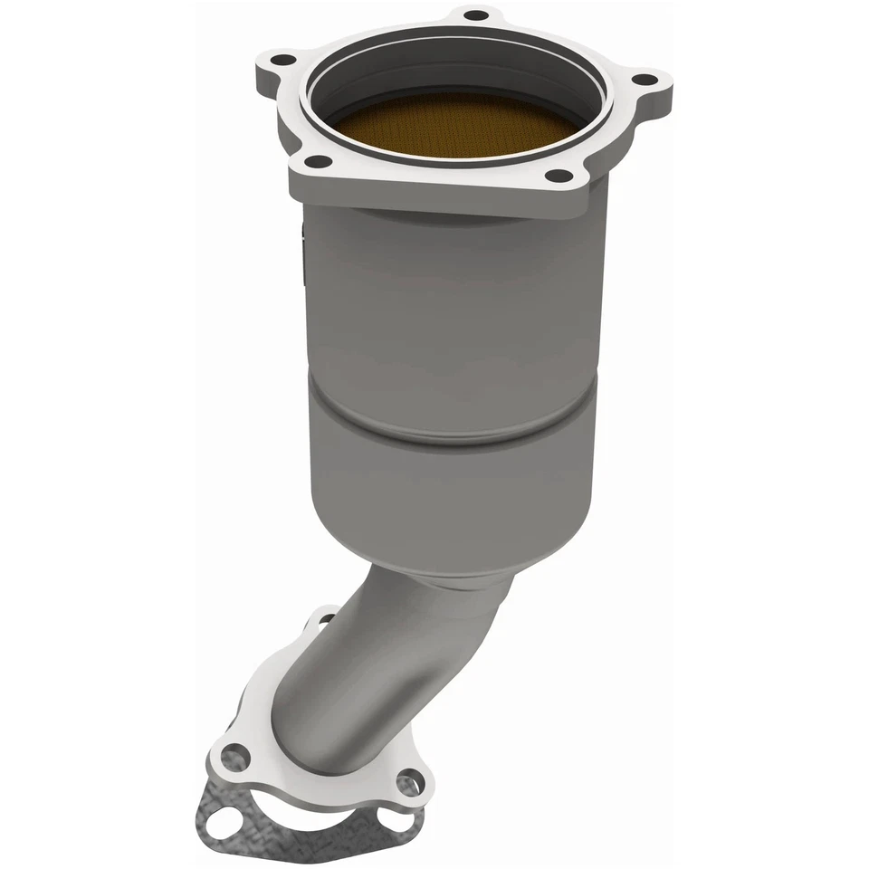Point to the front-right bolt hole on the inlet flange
[560, 176]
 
